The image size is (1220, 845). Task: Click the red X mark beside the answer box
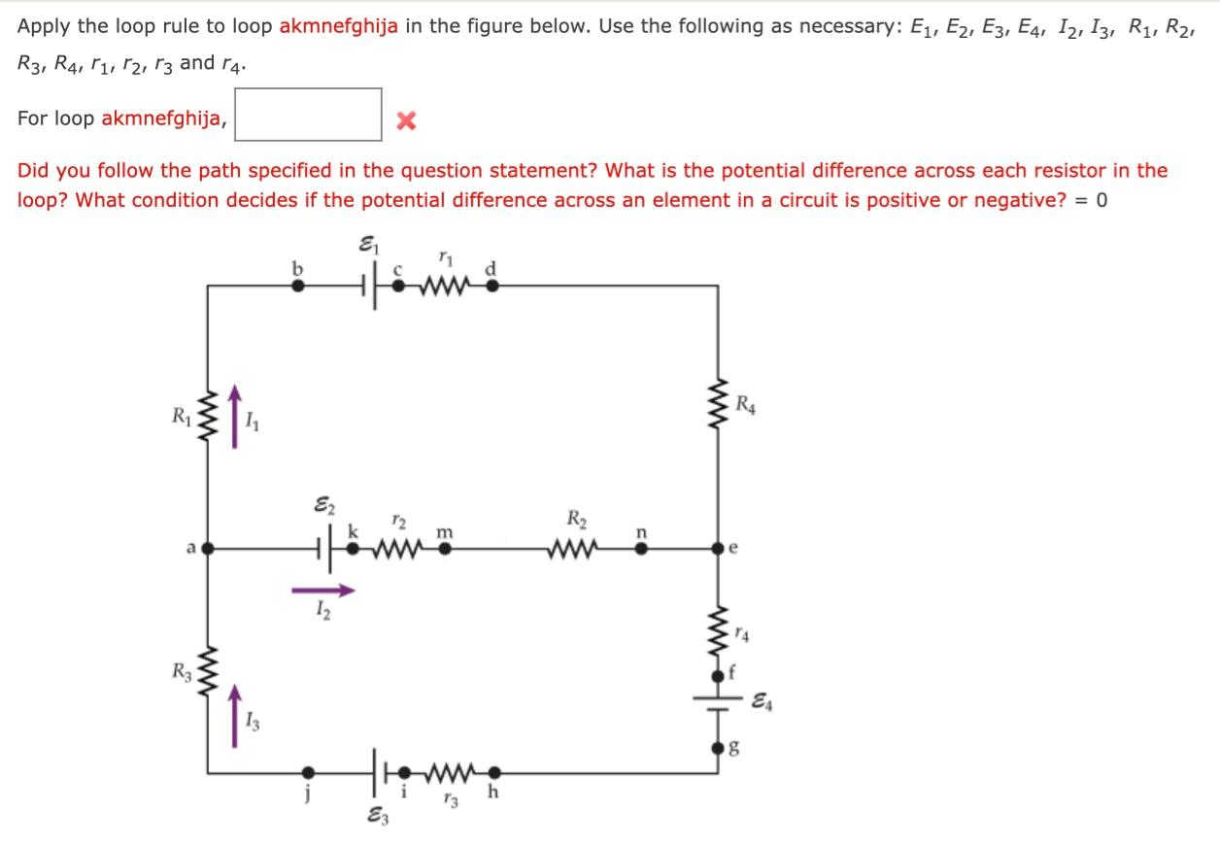[x=406, y=120]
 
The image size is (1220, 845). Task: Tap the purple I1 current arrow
[x=234, y=418]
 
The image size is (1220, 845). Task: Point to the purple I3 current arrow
[x=234, y=716]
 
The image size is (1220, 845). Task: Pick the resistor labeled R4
[x=720, y=400]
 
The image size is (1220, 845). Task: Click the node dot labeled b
[x=298, y=286]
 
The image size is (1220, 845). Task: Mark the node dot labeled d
[x=493, y=286]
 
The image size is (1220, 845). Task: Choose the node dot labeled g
[x=720, y=748]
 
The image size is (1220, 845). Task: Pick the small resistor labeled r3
[x=453, y=774]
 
